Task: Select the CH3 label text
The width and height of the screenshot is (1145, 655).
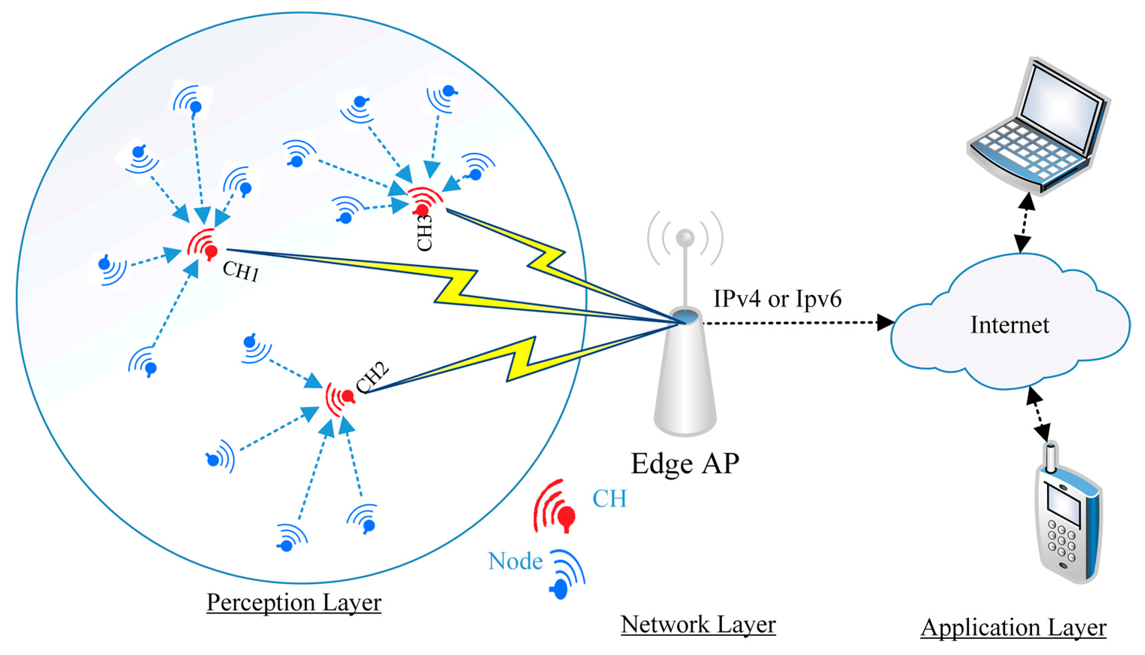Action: pos(425,233)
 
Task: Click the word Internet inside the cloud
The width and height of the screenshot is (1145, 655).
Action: pos(1009,325)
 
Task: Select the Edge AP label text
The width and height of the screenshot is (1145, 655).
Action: pos(685,464)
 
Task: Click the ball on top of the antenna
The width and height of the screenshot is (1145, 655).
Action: pos(685,237)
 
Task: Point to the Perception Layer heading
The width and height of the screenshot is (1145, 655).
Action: pos(294,602)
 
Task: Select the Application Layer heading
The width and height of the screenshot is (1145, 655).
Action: pos(1013,628)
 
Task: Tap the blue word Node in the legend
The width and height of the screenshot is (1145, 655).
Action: pos(515,561)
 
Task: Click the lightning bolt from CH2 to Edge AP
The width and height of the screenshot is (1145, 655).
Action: pos(521,360)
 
